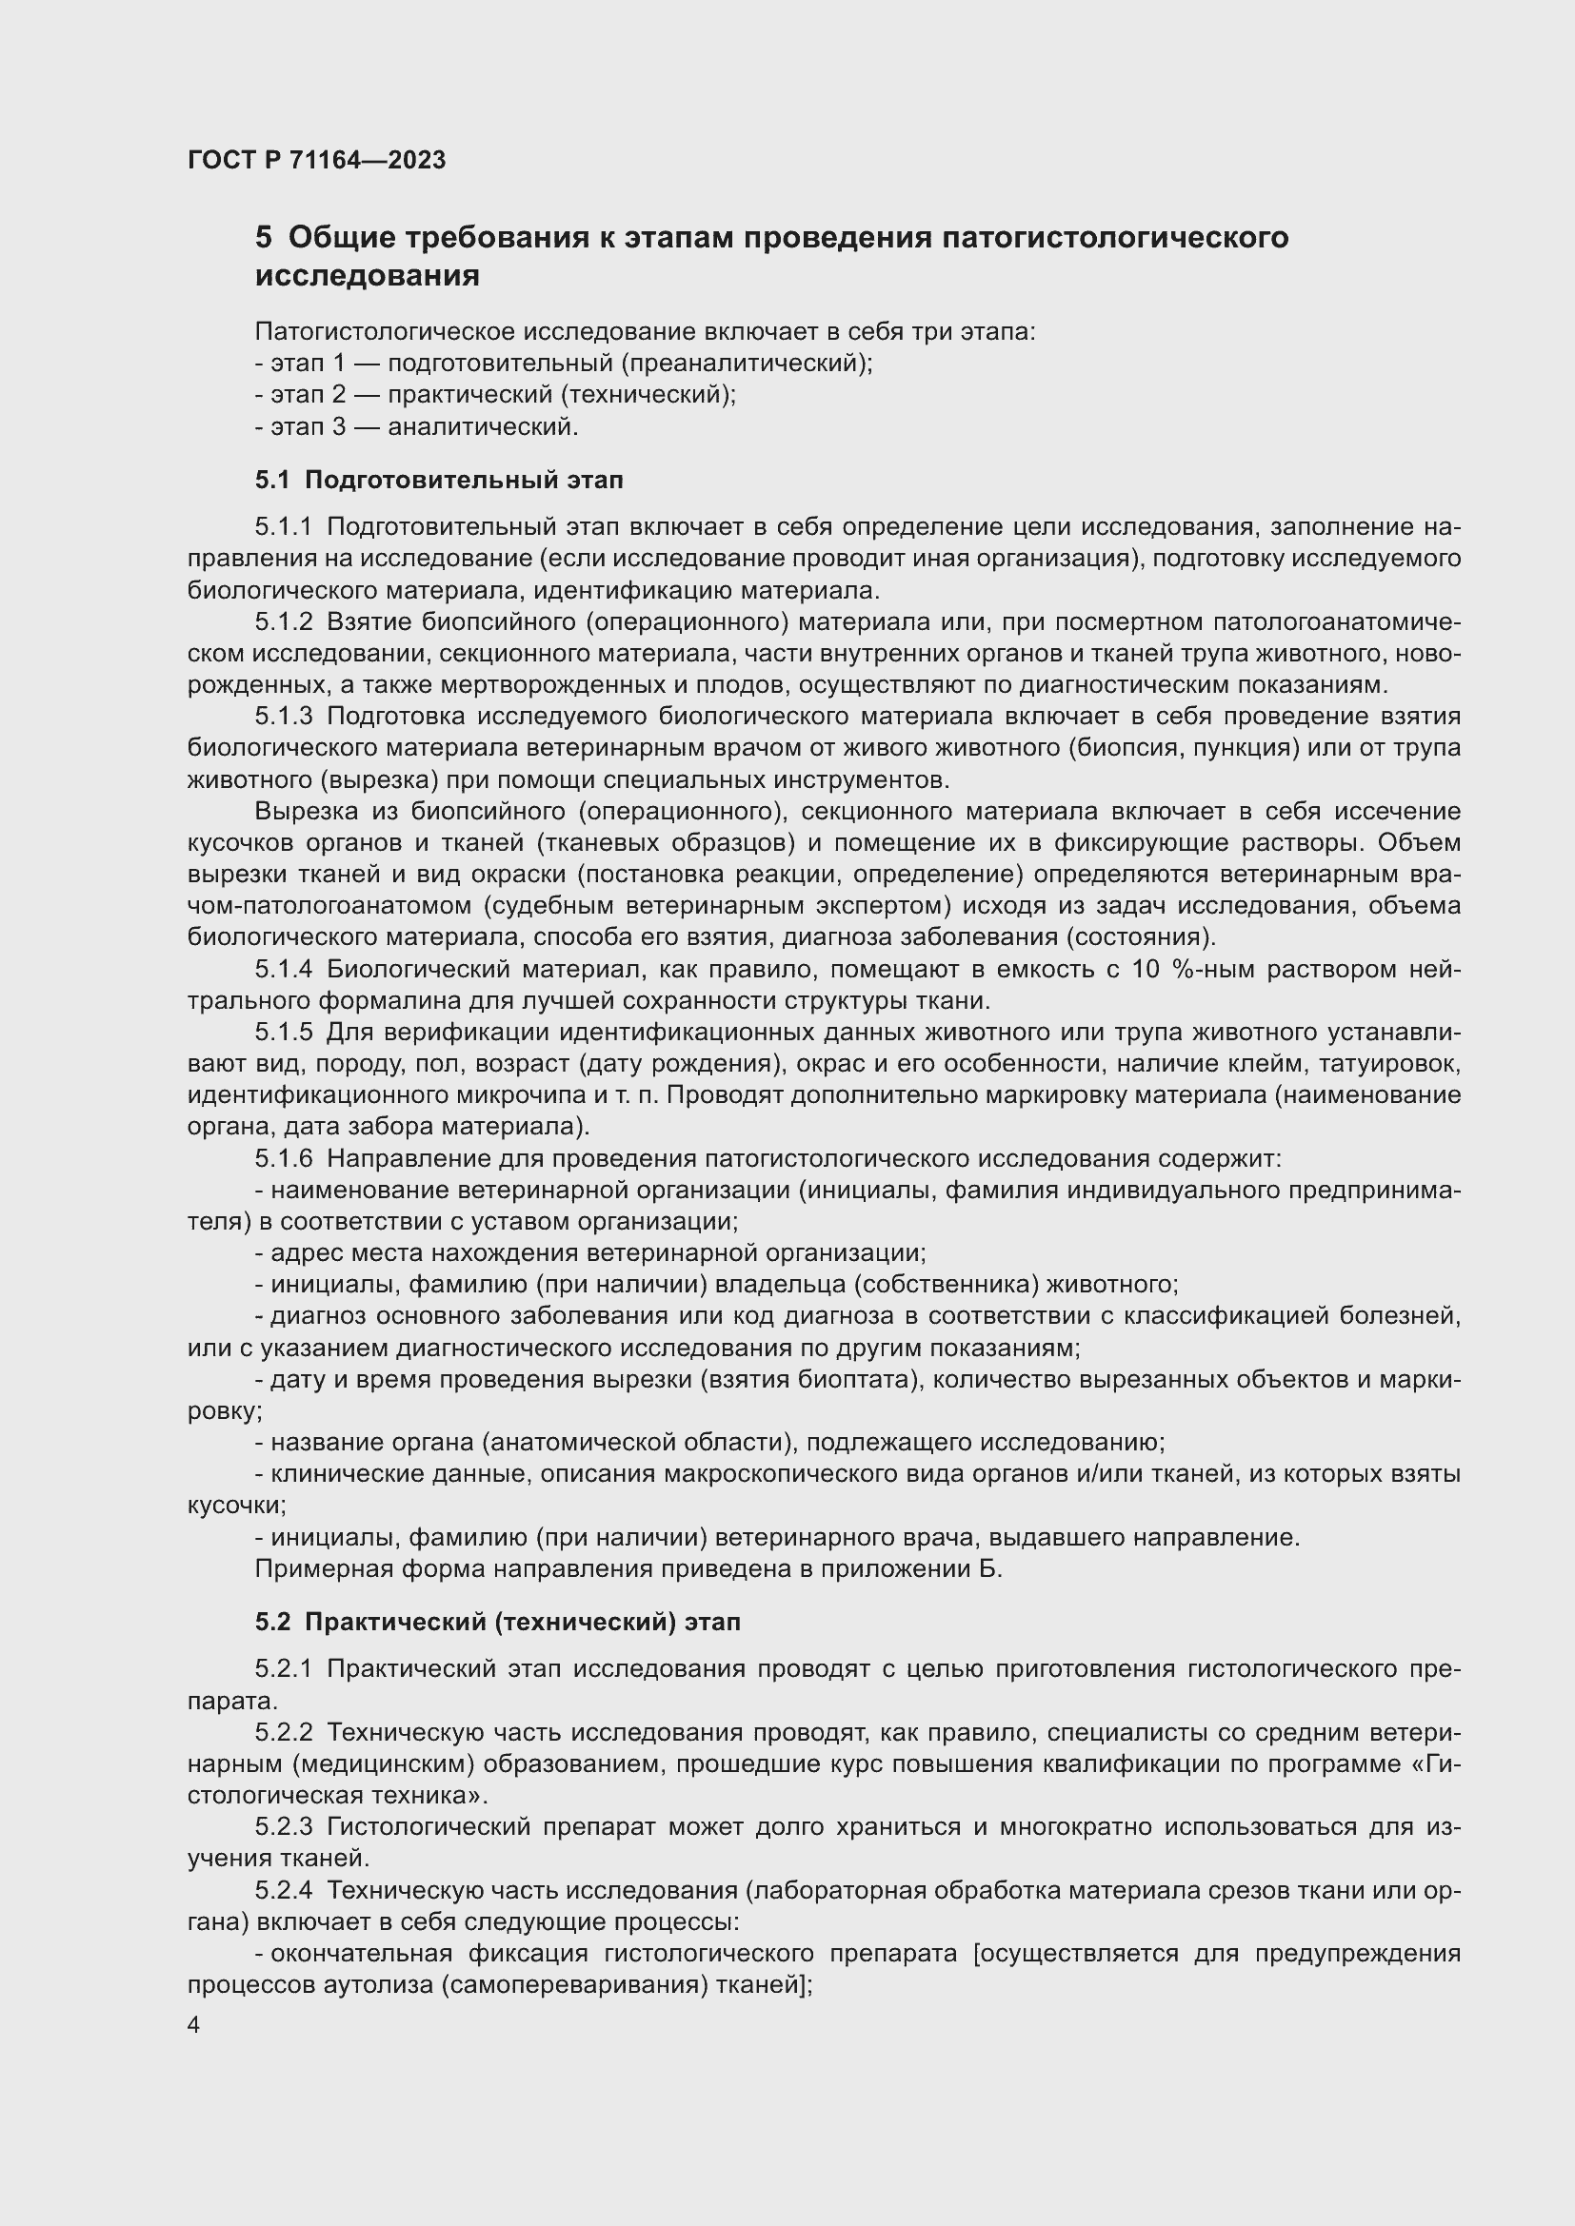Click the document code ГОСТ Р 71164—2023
pyautogui.click(x=316, y=160)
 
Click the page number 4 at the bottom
pyautogui.click(x=194, y=2025)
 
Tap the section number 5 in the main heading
pyautogui.click(x=264, y=238)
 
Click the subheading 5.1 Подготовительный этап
pyautogui.click(x=438, y=479)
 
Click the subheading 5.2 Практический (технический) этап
pyautogui.click(x=497, y=1622)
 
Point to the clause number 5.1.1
pyautogui.click(x=283, y=526)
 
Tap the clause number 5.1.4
pyautogui.click(x=283, y=970)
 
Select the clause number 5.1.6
pyautogui.click(x=283, y=1158)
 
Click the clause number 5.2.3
pyautogui.click(x=283, y=1827)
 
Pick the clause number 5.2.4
pyautogui.click(x=283, y=1891)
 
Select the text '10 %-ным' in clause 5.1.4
pyautogui.click(x=1187, y=970)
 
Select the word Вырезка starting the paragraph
pyautogui.click(x=304, y=812)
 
